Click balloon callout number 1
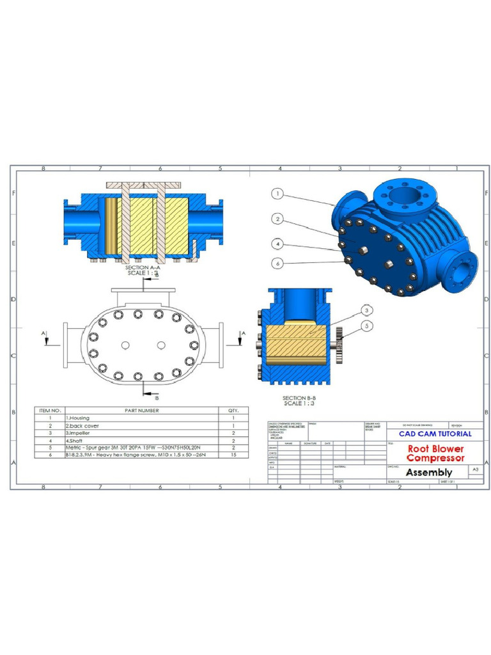[x=276, y=193]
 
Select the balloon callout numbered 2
[x=276, y=219]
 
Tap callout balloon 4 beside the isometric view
[x=276, y=244]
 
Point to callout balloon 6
[x=276, y=262]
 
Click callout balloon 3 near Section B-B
[x=366, y=310]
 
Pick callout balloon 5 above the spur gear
[x=366, y=326]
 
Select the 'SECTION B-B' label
[x=299, y=398]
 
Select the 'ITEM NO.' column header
[x=49, y=410]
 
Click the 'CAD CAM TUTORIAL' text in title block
[x=435, y=434]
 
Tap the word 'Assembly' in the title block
[x=429, y=472]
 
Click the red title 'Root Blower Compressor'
[x=435, y=453]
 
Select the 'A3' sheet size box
[x=475, y=470]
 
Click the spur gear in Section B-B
[x=339, y=346]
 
